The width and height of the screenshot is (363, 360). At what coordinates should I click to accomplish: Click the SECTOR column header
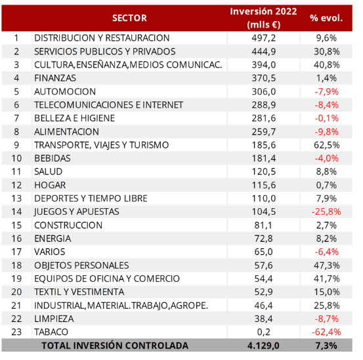(129, 18)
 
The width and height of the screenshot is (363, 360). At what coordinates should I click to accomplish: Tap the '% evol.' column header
(326, 18)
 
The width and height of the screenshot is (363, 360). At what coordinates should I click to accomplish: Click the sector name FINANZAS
(55, 78)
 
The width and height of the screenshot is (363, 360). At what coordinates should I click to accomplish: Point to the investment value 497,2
(264, 38)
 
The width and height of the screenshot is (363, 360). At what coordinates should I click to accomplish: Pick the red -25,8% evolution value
(326, 212)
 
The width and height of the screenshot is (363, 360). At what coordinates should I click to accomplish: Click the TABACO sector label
(51, 332)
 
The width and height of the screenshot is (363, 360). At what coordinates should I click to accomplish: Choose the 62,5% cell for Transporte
(327, 145)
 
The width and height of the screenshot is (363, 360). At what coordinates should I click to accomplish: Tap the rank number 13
(16, 198)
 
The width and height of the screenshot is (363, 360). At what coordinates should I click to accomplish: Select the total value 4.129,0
(263, 346)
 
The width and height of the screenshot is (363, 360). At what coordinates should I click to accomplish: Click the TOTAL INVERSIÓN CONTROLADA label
(115, 346)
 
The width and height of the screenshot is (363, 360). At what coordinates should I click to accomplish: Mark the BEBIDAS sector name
(53, 158)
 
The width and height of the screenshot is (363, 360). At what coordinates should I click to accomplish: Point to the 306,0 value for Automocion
(264, 91)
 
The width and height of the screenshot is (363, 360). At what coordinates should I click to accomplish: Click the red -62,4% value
(326, 332)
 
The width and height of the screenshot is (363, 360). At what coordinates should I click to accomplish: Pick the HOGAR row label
(50, 185)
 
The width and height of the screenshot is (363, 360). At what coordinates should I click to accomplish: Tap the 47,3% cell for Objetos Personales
(327, 265)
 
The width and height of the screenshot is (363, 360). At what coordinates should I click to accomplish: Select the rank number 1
(16, 38)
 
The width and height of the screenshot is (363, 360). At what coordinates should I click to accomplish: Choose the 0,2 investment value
(264, 332)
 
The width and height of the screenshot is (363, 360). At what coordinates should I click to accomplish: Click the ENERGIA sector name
(53, 238)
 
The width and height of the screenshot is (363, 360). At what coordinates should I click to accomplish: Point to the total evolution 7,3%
(326, 346)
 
